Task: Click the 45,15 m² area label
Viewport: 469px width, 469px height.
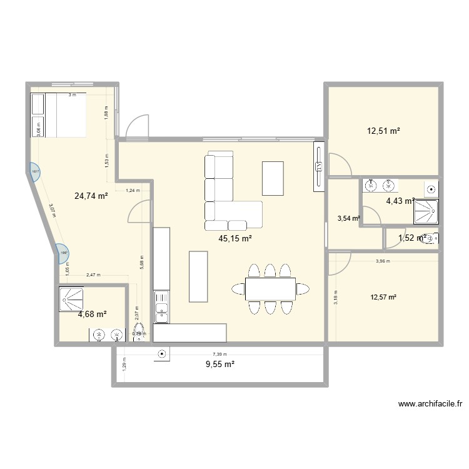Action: click(235, 238)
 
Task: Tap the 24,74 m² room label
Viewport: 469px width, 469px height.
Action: click(91, 196)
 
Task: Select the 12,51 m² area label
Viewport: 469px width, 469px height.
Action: click(383, 131)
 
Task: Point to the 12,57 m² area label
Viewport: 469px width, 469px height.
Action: click(385, 297)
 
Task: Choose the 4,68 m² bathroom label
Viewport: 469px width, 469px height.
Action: click(92, 314)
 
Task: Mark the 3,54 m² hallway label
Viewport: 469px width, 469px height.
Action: click(348, 218)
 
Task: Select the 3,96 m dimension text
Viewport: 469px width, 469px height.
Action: click(382, 261)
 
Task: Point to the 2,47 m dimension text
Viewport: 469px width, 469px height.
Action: click(93, 275)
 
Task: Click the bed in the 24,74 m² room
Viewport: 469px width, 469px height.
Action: click(58, 115)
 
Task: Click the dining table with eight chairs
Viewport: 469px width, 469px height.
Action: click(270, 289)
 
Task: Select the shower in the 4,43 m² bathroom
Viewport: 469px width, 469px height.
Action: click(425, 211)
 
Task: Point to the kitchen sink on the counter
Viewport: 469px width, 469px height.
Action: click(161, 310)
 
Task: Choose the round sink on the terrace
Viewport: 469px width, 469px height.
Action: click(162, 353)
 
